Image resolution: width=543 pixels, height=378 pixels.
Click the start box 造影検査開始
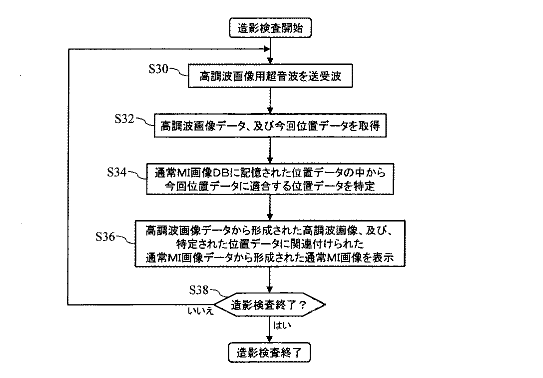(270, 28)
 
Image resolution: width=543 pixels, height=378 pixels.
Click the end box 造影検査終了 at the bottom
(270, 353)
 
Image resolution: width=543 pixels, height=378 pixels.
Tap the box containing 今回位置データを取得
(270, 126)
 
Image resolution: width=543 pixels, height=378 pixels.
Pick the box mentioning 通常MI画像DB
(270, 179)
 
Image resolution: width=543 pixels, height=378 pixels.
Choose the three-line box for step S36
(270, 243)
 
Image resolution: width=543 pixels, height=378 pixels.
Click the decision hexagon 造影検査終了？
(270, 303)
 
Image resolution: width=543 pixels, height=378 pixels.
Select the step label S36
(105, 236)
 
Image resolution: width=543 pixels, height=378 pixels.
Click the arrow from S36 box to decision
(270, 279)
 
